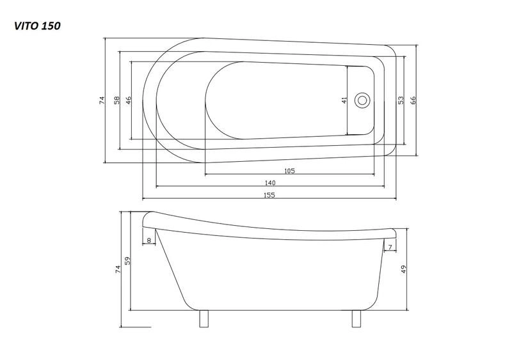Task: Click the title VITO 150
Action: pyautogui.click(x=37, y=26)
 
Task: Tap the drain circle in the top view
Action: pyautogui.click(x=362, y=100)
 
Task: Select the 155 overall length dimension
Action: pyautogui.click(x=269, y=195)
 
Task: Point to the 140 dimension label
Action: pyautogui.click(x=270, y=183)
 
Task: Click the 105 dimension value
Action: pyautogui.click(x=290, y=171)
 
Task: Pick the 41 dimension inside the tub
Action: pyautogui.click(x=344, y=100)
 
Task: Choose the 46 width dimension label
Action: pyautogui.click(x=129, y=100)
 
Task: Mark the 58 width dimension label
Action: pyautogui.click(x=117, y=100)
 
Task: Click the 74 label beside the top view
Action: pyautogui.click(x=102, y=100)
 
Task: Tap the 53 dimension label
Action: pyautogui.click(x=401, y=100)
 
